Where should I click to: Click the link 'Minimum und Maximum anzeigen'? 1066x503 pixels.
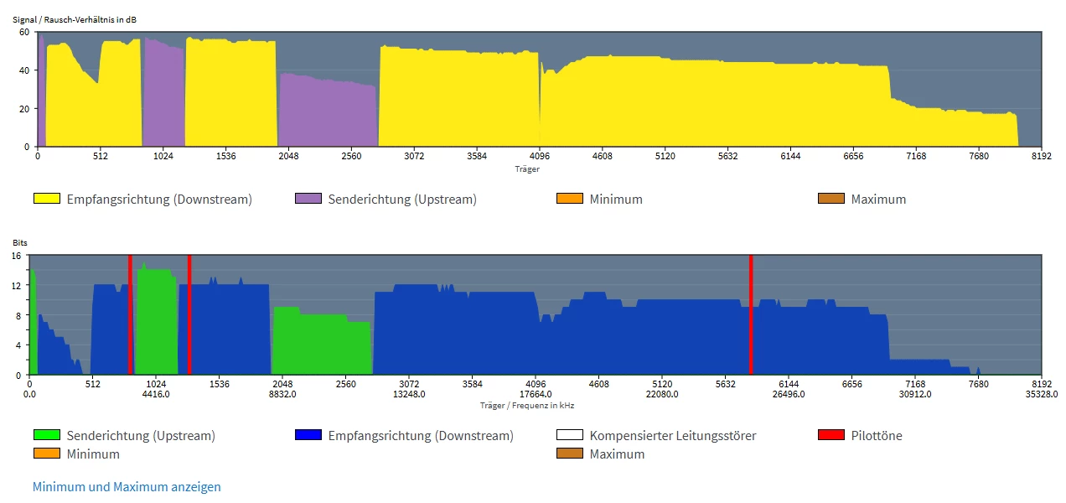click(127, 487)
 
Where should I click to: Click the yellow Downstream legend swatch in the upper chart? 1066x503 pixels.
click(47, 200)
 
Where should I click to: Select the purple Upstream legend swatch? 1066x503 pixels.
click(308, 200)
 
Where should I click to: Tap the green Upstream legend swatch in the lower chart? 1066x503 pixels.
click(47, 436)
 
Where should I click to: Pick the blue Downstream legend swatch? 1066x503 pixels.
click(308, 436)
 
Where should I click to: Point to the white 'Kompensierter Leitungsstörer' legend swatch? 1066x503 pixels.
click(570, 436)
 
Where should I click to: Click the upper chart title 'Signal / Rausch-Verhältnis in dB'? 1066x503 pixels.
click(75, 18)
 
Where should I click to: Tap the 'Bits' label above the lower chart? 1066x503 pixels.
click(19, 242)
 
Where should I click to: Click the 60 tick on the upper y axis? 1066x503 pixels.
click(24, 32)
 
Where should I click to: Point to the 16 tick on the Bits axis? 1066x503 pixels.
click(16, 256)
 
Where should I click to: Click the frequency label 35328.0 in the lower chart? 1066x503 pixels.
click(1041, 395)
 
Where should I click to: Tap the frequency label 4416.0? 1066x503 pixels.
click(156, 395)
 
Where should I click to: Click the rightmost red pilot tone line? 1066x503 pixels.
click(751, 314)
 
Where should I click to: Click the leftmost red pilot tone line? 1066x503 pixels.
click(130, 314)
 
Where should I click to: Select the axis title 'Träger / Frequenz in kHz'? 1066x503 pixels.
click(527, 405)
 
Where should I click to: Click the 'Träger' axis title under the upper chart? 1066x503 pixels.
click(527, 169)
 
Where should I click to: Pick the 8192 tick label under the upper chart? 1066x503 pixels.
click(1041, 156)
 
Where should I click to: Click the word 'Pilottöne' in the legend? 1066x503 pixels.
click(877, 436)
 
